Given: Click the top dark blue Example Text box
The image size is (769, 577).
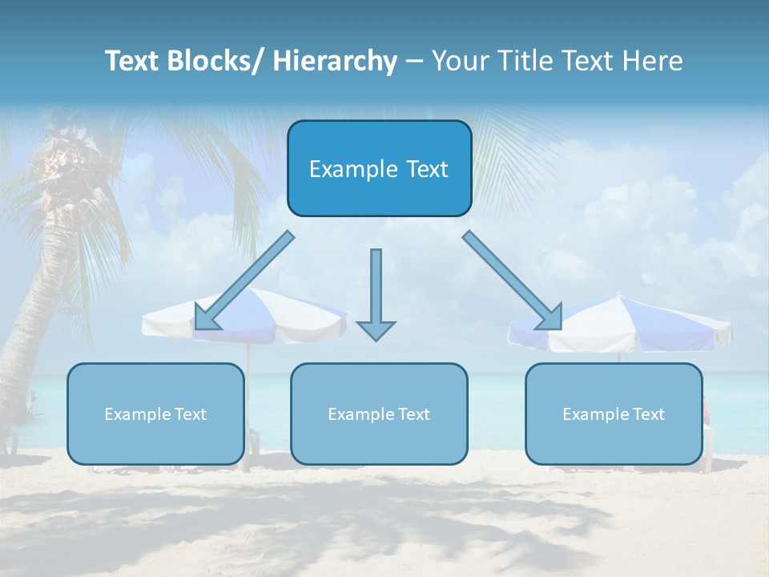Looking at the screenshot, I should pyautogui.click(x=379, y=168).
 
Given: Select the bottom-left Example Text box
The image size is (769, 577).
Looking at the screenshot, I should pyautogui.click(x=155, y=414).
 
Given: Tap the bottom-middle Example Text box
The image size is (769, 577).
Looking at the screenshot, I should pyautogui.click(x=379, y=414).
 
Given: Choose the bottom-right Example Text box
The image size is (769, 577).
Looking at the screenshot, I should pyautogui.click(x=614, y=414).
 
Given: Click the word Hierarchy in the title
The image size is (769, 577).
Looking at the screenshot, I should pyautogui.click(x=335, y=61).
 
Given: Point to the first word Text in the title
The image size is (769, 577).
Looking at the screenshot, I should pyautogui.click(x=135, y=61).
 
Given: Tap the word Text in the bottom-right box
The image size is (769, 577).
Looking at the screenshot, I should pyautogui.click(x=647, y=414).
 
